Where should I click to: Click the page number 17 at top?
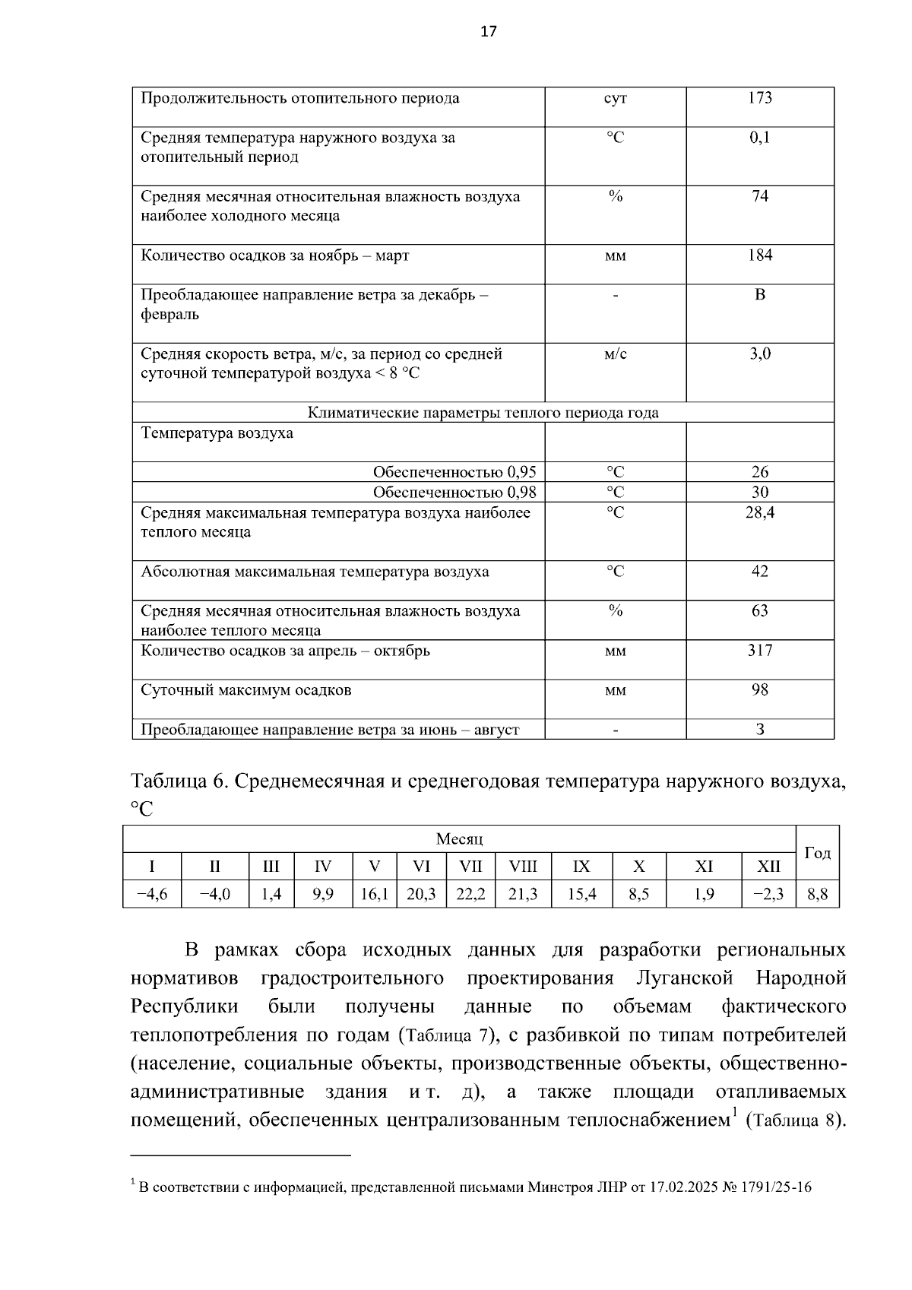click(x=489, y=31)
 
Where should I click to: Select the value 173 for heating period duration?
click(x=759, y=98)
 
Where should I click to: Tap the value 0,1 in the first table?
click(x=759, y=138)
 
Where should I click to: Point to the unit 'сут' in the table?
click(x=615, y=99)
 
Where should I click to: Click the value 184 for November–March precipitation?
click(x=759, y=255)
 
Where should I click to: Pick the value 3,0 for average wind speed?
click(x=759, y=353)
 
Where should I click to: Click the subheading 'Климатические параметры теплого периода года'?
click(x=483, y=413)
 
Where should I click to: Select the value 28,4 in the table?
click(x=759, y=513)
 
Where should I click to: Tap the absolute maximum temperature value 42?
click(x=759, y=572)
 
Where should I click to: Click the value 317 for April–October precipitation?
click(x=759, y=651)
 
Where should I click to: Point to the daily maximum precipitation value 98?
click(x=759, y=690)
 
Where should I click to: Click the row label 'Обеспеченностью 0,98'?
click(x=454, y=493)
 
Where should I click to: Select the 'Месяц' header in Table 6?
click(x=459, y=839)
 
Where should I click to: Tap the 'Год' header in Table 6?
click(x=817, y=853)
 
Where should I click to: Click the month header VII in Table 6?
click(x=470, y=867)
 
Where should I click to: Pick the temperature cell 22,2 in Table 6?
click(x=470, y=895)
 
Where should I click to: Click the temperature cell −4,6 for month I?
click(x=152, y=895)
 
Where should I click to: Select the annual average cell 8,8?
click(x=817, y=895)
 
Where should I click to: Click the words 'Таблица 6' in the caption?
click(x=178, y=782)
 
